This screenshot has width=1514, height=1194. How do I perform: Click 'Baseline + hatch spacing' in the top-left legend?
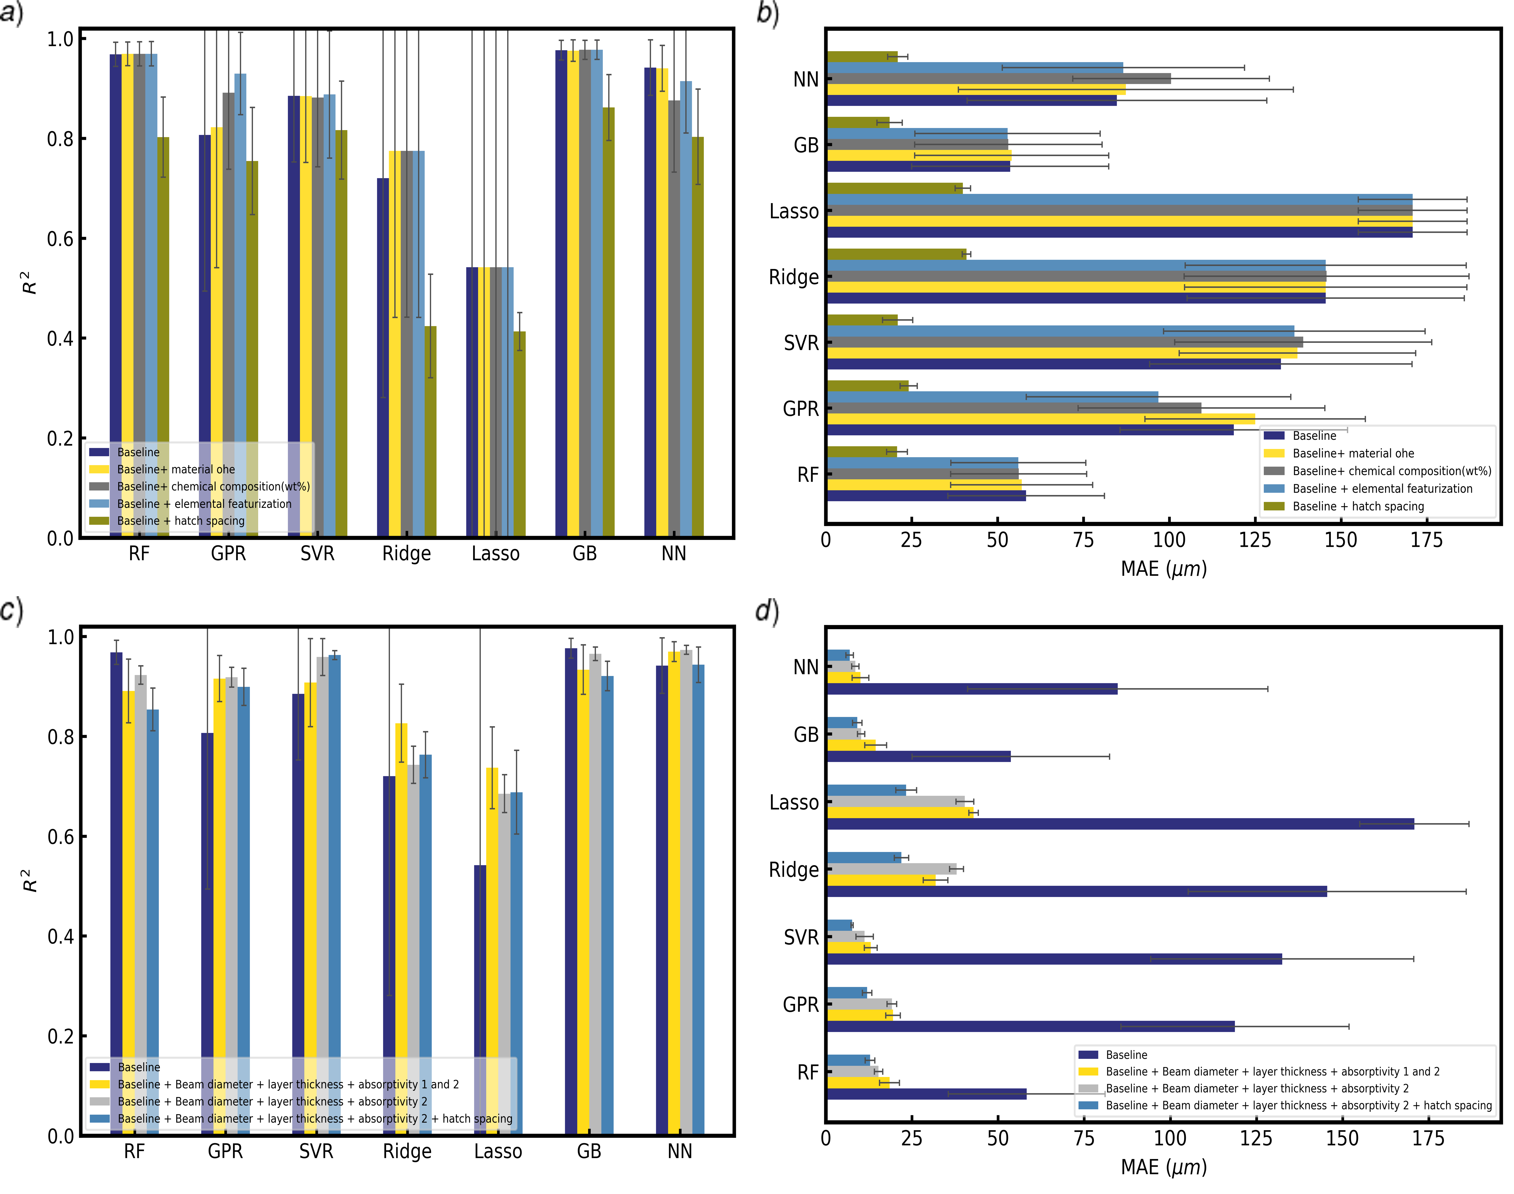(180, 521)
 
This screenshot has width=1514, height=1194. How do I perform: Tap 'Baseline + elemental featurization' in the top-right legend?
(1382, 489)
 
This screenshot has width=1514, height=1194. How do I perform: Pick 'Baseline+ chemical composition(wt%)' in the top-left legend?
(213, 487)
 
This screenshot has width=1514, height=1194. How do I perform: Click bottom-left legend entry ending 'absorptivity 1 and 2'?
(288, 1084)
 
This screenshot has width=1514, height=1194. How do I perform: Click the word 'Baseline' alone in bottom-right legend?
(1126, 1055)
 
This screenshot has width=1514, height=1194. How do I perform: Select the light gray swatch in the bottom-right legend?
(1088, 1088)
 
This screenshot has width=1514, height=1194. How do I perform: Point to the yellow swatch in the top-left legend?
(99, 469)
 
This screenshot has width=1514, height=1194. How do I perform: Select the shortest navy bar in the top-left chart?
(472, 398)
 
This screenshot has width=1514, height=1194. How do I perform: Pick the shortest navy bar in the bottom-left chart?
(480, 1000)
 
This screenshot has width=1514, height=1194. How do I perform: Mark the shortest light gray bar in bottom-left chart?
(504, 965)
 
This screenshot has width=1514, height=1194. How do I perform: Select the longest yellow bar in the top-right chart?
(1119, 221)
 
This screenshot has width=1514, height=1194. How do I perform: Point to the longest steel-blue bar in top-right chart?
(1119, 199)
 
